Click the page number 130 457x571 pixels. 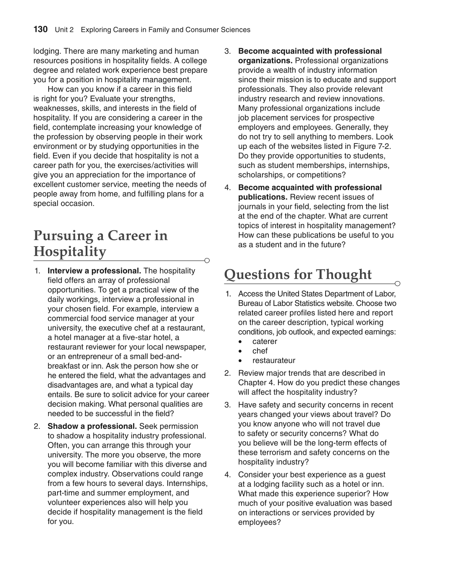coord(40,29)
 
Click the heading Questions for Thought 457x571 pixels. coord(298,274)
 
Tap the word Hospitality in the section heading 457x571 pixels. coord(70,252)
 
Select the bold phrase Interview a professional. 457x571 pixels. coord(94,271)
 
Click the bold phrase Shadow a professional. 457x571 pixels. coord(92,426)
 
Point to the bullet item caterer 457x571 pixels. coord(265,342)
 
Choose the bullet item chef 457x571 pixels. coord(260,351)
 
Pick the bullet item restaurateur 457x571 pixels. coord(273,361)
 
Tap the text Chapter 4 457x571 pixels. coord(256,383)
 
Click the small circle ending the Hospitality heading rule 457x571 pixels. coord(207,261)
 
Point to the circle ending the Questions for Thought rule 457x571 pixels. coord(398,284)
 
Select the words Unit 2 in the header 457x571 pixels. coord(64,30)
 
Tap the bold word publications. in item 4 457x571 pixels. coord(263,197)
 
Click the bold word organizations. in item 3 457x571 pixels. coord(265,61)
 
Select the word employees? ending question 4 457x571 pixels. coord(259,522)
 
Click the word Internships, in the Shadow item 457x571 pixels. coord(187,483)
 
